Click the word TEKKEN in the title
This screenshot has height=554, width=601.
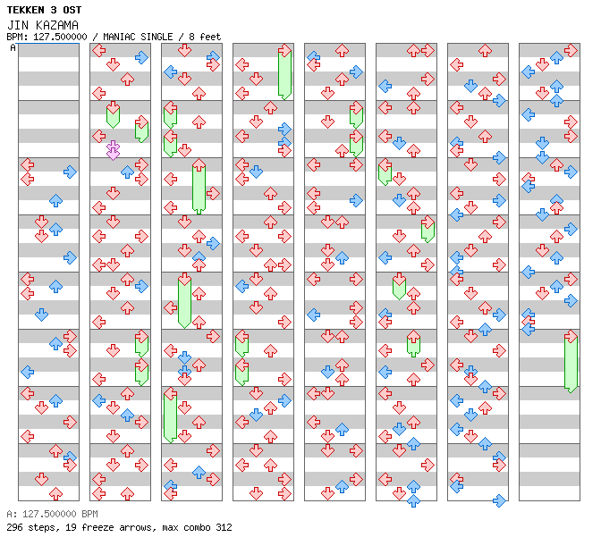tap(27, 10)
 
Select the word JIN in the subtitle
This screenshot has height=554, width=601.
tap(17, 25)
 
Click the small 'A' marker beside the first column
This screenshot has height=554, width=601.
tap(13, 47)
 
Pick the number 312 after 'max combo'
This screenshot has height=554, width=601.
tap(223, 527)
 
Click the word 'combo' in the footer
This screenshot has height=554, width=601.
tap(194, 527)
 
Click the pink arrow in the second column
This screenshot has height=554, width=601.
tap(113, 150)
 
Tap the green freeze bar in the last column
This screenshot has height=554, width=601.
tap(571, 362)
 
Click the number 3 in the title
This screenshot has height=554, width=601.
tap(56, 10)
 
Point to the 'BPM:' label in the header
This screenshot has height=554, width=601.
tap(17, 37)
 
